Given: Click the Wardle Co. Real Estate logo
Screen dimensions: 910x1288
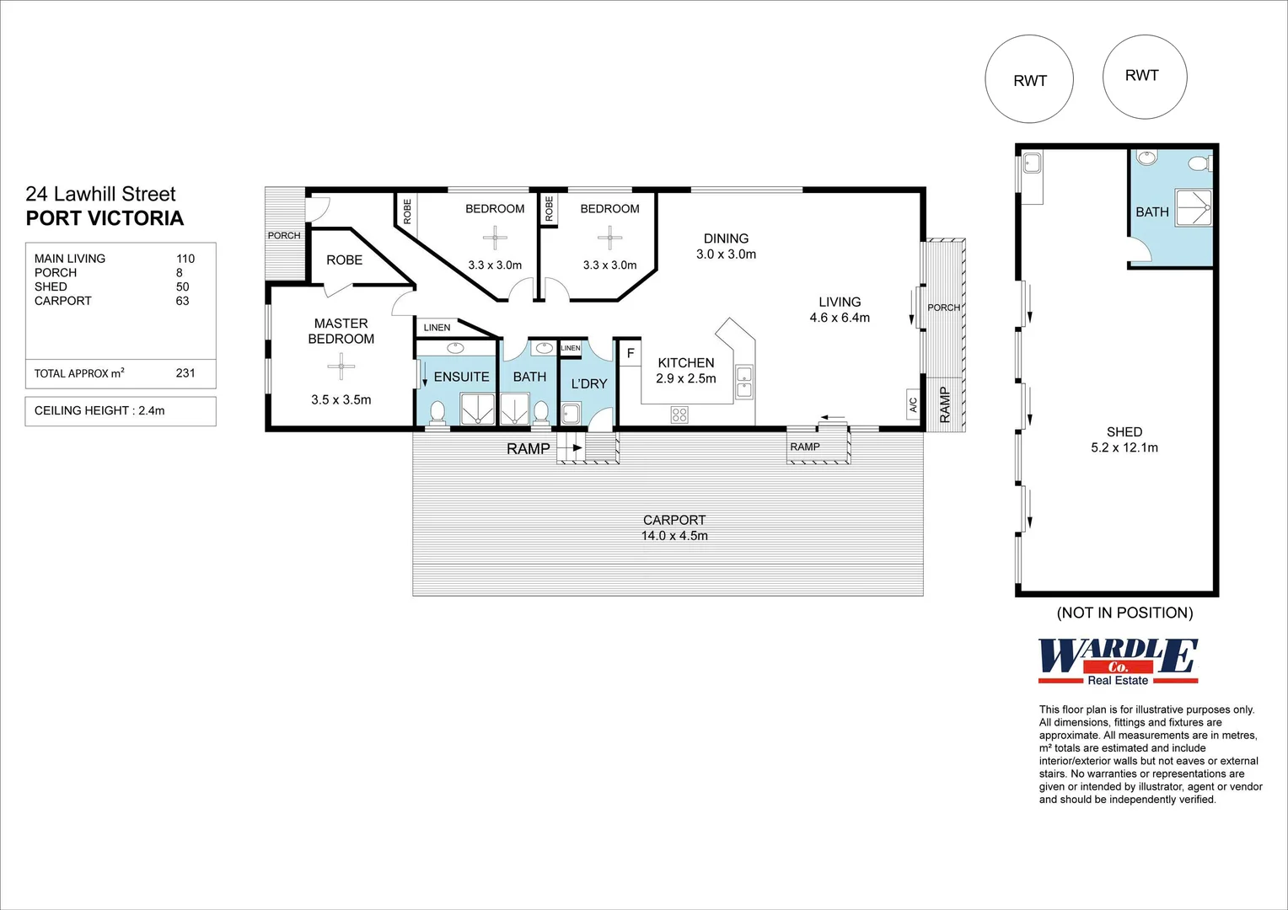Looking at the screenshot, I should tap(1118, 661).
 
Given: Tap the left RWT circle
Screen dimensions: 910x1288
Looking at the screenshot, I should tap(1029, 79).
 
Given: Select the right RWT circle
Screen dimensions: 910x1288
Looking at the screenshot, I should tap(1144, 77).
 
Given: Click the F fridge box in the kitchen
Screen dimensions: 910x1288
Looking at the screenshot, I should tap(630, 353).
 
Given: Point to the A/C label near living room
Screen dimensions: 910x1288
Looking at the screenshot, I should tap(913, 405).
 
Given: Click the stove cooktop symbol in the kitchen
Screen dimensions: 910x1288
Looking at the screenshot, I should tap(679, 414).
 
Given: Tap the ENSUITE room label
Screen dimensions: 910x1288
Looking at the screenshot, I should tap(461, 377).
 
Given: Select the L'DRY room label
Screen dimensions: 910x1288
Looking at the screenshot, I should tap(588, 383).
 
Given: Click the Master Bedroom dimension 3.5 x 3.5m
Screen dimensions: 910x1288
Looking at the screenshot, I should tap(341, 399).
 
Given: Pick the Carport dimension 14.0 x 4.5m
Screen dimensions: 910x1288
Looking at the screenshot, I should tap(674, 536).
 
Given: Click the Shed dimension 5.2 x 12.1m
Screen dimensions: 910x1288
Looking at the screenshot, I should tap(1124, 447).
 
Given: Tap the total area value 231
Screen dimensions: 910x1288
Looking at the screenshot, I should tap(185, 372).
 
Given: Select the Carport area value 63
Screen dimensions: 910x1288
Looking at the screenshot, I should tap(182, 301).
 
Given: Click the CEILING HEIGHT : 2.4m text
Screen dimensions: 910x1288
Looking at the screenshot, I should tap(99, 410).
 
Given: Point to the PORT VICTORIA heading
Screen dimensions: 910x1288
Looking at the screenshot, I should tap(105, 218).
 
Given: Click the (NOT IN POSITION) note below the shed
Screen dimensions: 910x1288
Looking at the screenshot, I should tap(1124, 613).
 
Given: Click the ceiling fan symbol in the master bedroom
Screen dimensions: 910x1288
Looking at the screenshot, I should tap(341, 366).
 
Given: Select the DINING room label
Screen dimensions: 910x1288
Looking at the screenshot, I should tap(726, 238).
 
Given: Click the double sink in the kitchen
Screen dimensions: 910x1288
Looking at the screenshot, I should tap(743, 382).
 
